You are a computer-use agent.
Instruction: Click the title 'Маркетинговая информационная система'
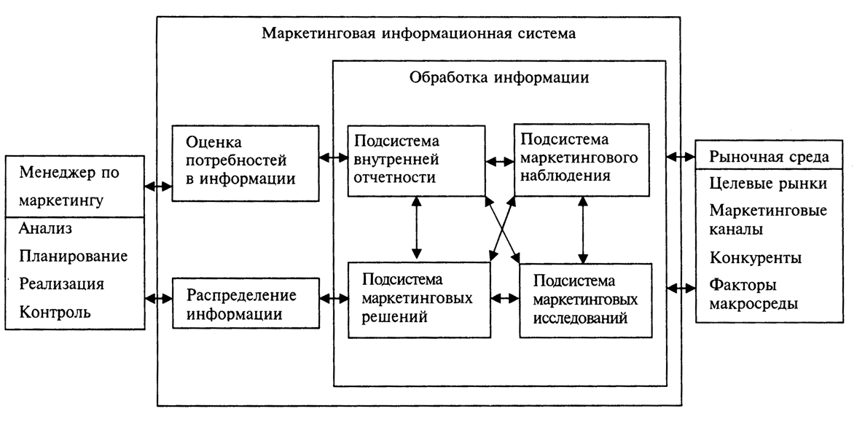pos(419,34)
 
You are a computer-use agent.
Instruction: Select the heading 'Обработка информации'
pos(499,77)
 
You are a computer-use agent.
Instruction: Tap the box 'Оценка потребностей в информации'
pos(246,163)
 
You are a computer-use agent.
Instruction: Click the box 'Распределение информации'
pos(246,305)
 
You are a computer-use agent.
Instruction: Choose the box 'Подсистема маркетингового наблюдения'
pos(581,159)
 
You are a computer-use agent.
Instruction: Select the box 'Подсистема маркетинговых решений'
pos(418,300)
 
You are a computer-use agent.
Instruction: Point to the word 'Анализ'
pos(46,230)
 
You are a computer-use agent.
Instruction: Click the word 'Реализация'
pos(62,284)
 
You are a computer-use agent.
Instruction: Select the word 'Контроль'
pos(56,313)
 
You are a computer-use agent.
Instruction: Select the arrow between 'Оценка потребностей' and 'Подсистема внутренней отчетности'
pos(333,156)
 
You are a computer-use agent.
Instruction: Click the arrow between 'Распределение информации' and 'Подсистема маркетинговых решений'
pos(334,298)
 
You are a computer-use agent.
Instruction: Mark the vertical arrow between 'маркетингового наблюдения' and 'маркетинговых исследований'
pos(583,229)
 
